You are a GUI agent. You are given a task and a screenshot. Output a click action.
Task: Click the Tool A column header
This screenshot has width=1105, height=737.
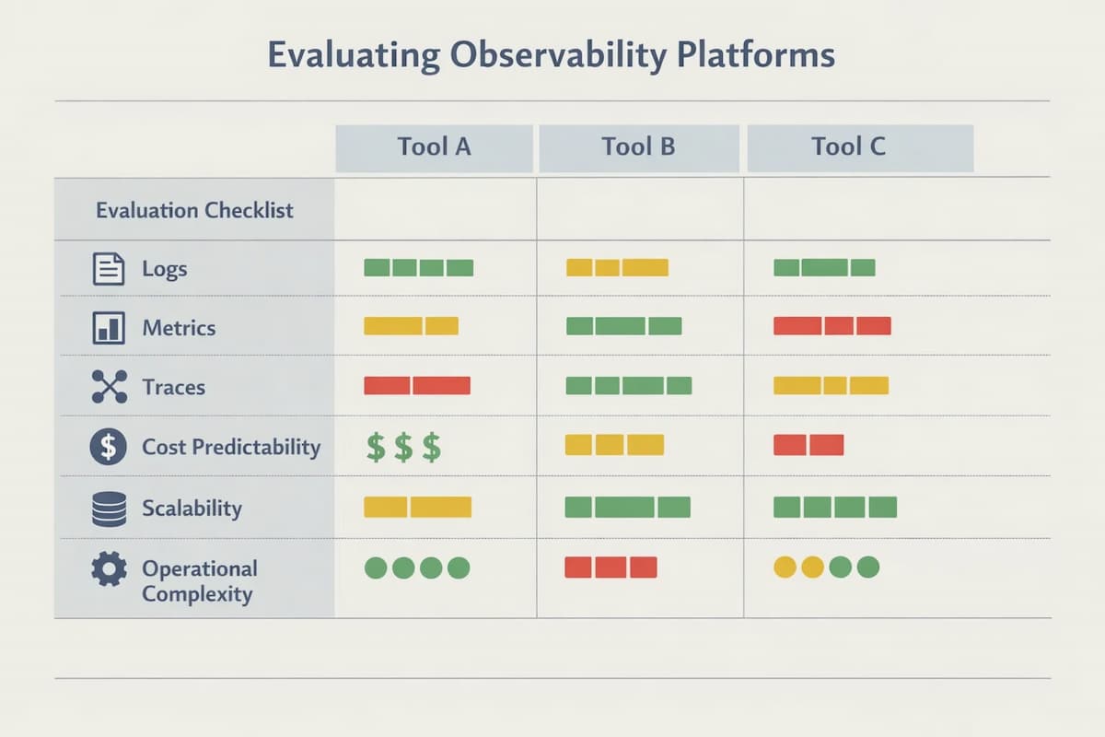434,147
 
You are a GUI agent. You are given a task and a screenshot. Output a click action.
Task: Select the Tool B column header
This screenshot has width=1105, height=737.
638,147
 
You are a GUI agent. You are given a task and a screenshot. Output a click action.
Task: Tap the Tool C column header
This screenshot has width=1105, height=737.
848,147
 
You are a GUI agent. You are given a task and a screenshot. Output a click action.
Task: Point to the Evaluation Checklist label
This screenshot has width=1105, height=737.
194,210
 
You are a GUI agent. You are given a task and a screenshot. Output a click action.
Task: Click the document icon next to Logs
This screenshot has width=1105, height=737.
109,269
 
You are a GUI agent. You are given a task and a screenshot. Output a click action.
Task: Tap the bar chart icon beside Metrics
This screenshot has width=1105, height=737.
109,328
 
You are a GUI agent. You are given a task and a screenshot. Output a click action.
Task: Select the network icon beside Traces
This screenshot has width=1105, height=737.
109,387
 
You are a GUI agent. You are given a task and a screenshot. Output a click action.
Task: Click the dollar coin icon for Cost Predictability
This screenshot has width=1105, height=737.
108,447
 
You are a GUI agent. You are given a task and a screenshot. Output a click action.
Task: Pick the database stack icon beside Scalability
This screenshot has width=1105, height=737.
109,509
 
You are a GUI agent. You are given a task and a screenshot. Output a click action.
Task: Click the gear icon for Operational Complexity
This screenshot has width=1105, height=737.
109,568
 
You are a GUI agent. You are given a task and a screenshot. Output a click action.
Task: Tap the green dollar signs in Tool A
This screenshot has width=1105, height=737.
403,448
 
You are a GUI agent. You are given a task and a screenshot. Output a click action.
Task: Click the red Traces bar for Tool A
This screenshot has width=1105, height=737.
417,385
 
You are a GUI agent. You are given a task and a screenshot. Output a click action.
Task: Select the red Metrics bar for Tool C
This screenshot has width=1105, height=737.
832,325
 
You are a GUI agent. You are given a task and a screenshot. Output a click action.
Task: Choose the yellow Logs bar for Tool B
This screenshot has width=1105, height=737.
616,268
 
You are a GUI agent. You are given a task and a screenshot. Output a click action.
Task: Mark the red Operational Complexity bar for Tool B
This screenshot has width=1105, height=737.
611,567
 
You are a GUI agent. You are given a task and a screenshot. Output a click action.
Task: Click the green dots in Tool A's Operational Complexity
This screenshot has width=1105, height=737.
417,567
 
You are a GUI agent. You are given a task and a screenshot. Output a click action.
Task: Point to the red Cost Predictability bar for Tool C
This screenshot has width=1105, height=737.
808,445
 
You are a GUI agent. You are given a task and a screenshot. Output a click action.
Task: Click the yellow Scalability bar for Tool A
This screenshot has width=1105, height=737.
417,507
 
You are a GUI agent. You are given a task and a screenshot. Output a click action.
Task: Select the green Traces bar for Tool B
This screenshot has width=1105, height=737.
627,385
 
